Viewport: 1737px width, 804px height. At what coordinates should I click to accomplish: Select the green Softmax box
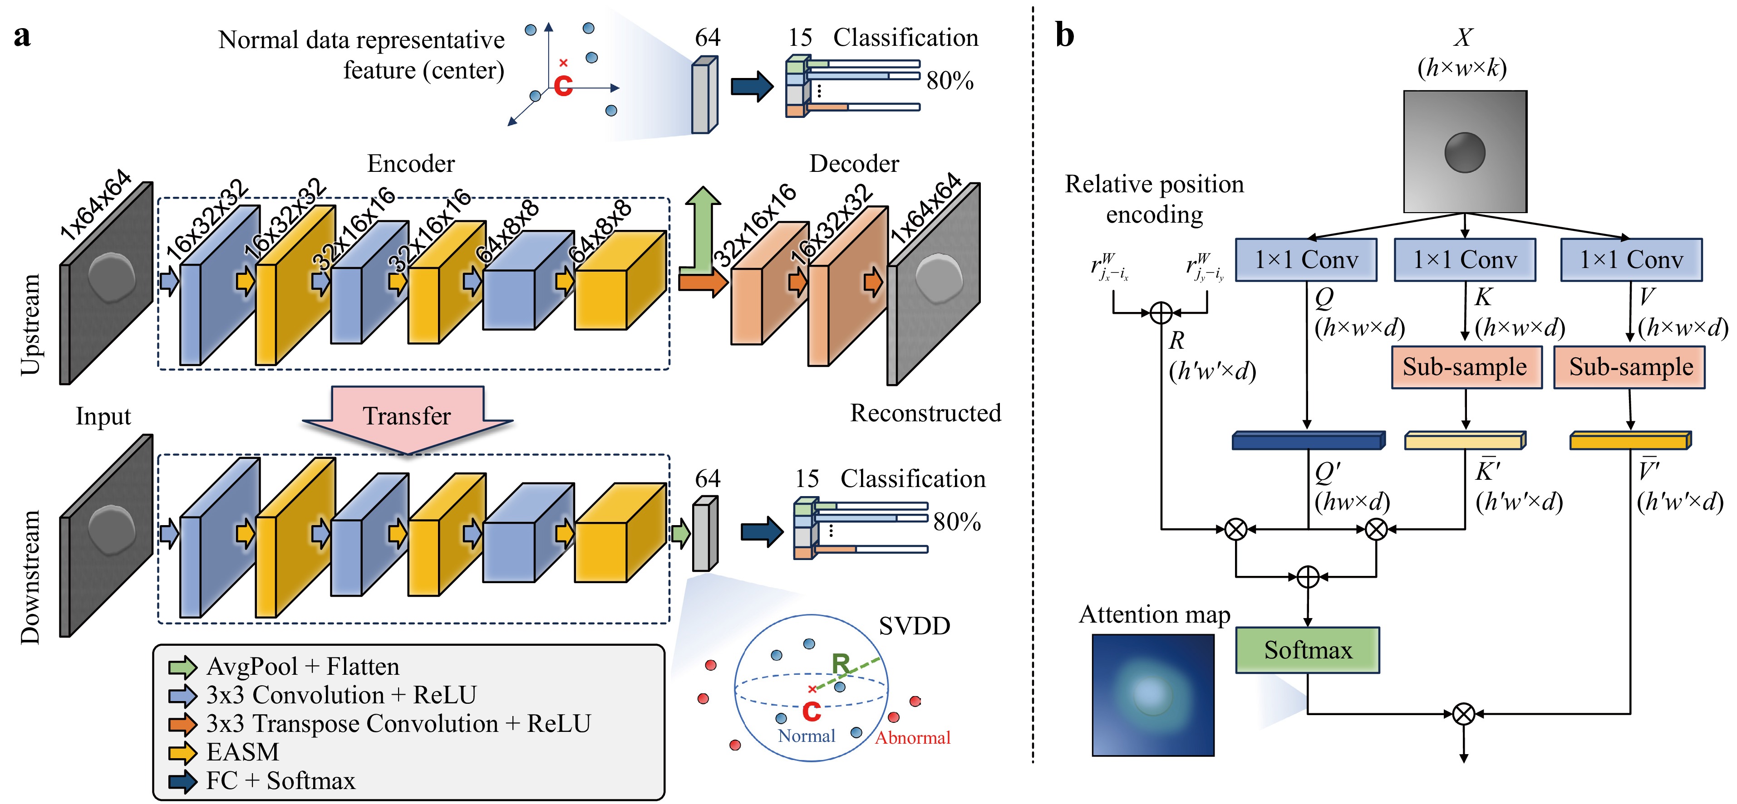tap(1308, 650)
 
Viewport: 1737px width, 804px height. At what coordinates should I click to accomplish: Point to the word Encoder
tap(411, 164)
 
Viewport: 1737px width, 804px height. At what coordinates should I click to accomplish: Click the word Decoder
tap(854, 164)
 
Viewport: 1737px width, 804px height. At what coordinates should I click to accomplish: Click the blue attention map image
tap(1153, 695)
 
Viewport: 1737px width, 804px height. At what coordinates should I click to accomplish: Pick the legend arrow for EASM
tap(182, 752)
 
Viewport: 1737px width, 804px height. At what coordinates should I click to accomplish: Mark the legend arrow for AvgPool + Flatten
tap(182, 667)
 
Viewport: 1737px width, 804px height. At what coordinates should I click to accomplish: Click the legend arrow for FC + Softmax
tap(182, 781)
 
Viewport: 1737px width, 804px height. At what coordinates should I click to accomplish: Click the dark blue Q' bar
tap(1308, 441)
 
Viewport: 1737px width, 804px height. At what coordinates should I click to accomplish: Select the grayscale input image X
tap(1465, 151)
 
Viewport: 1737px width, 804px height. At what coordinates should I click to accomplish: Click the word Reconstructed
tap(925, 413)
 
